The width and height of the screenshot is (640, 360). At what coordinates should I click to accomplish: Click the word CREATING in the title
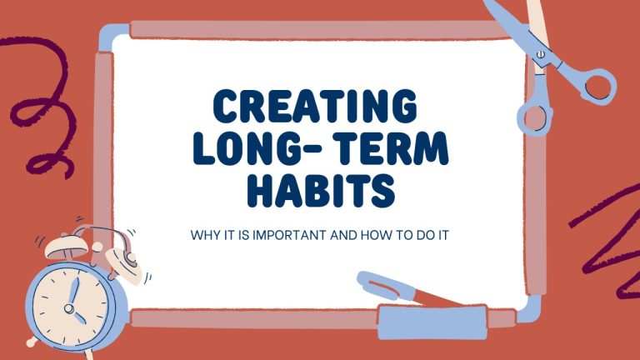pos(316,107)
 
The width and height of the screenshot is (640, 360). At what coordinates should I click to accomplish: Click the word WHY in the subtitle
pos(206,234)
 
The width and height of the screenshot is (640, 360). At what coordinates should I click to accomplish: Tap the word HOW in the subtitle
pos(373,234)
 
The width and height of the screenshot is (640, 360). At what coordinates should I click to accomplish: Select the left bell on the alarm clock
pos(61,245)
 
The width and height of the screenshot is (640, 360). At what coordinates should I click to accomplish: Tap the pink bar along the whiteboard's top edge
pos(317,30)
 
